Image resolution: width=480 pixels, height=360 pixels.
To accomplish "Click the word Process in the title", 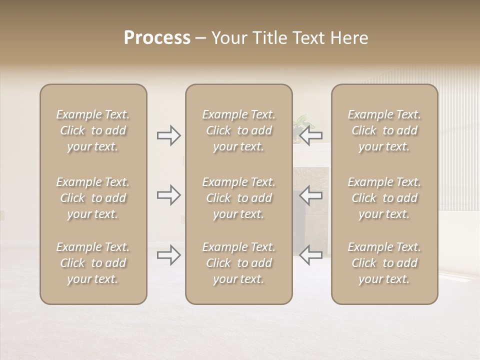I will (157, 38).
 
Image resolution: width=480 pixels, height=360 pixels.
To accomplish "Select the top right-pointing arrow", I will (169, 135).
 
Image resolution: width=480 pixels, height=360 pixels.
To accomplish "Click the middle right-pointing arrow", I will (169, 195).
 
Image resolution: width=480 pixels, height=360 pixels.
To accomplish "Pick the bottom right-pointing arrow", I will (169, 255).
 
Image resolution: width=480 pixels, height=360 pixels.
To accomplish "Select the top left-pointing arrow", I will (311, 135).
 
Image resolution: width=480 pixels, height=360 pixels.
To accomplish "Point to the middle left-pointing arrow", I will (311, 195).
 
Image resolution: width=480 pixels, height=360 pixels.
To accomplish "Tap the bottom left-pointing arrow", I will (311, 255).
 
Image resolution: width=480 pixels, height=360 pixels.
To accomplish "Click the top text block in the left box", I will (93, 130).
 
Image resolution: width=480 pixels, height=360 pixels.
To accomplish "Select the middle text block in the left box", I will (93, 198).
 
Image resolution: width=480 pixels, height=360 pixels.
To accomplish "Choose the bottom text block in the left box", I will (93, 263).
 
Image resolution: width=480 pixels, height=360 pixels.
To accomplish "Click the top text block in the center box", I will (239, 130).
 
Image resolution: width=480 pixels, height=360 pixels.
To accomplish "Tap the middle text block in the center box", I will (239, 198).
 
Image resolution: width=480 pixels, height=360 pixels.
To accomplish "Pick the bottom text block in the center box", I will (239, 263).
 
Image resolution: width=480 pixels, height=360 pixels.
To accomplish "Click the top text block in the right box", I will (384, 130).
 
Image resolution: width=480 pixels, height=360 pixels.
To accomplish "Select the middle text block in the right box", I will (384, 198).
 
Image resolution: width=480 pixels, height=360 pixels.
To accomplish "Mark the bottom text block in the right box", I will (384, 263).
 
